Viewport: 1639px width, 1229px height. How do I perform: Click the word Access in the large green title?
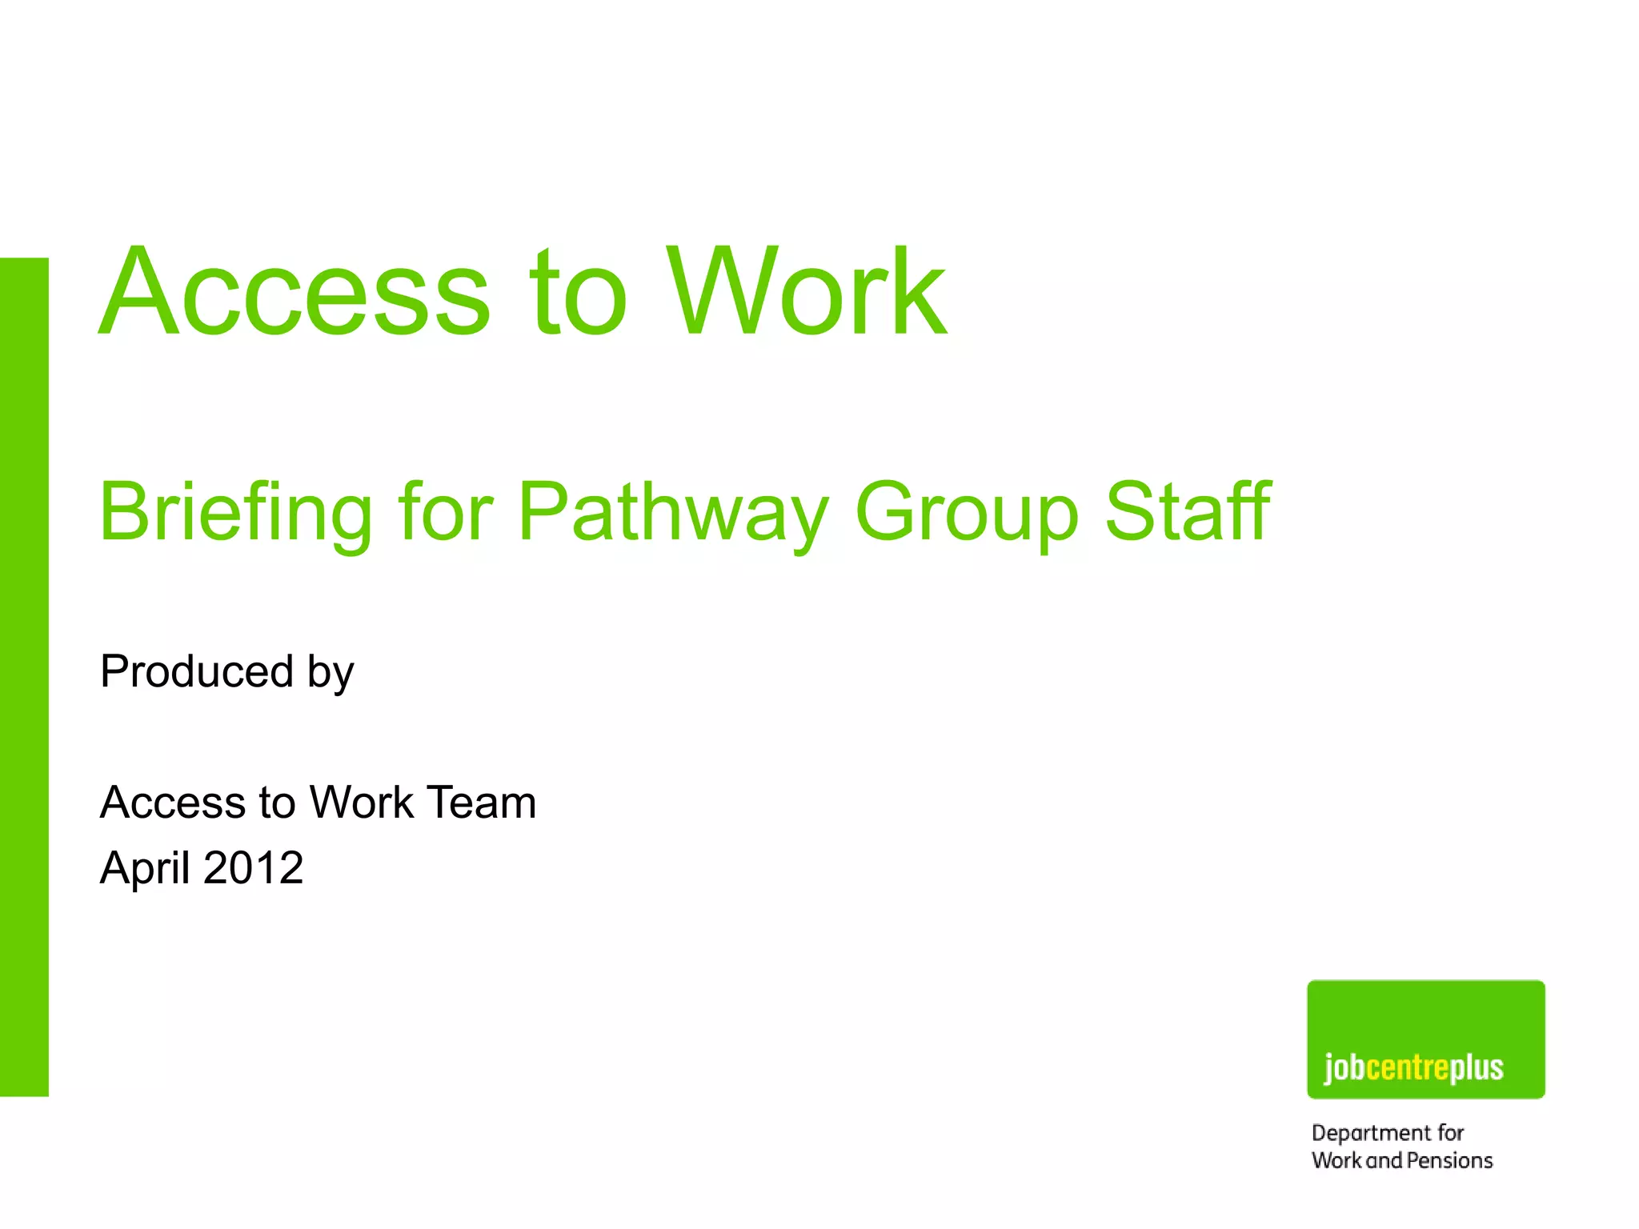point(295,293)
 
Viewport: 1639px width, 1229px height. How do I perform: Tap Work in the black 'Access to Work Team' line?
point(361,802)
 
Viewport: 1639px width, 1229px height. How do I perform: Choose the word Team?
point(481,802)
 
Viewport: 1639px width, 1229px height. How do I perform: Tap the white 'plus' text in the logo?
point(1477,1068)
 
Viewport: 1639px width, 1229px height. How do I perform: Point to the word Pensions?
point(1449,1161)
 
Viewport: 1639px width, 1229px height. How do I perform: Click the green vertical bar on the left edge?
point(24,676)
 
